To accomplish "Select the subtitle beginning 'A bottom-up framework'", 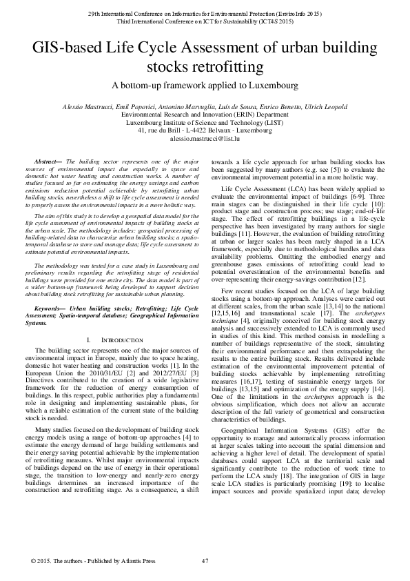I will pos(205,86).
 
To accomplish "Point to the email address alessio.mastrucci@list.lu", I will pos(205,139).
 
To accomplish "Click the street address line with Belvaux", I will pos(205,130).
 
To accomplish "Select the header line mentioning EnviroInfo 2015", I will pos(205,14).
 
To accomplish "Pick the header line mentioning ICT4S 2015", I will pos(205,22).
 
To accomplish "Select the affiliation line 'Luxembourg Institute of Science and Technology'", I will pos(205,122).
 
